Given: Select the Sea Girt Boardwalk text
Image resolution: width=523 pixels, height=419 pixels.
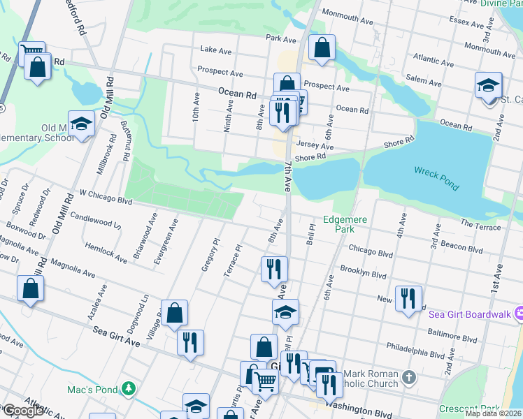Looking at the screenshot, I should pyautogui.click(x=468, y=314).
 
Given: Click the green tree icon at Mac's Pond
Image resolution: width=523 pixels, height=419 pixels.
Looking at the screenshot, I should pyautogui.click(x=128, y=388).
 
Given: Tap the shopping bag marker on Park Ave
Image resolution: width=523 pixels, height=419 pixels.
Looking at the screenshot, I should pyautogui.click(x=322, y=49).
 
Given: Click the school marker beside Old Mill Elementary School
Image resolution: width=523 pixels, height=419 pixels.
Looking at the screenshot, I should pyautogui.click(x=82, y=124).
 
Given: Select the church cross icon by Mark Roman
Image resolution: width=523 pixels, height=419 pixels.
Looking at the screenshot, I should pyautogui.click(x=409, y=378).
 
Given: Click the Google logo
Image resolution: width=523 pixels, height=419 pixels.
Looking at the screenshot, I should pyautogui.click(x=23, y=410).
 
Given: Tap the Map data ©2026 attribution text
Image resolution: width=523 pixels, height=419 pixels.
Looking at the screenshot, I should pyautogui.click(x=493, y=413).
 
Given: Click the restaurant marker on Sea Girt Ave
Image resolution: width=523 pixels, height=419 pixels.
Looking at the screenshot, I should pyautogui.click(x=190, y=344).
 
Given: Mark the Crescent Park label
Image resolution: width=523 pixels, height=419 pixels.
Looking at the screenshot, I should pyautogui.click(x=470, y=409).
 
